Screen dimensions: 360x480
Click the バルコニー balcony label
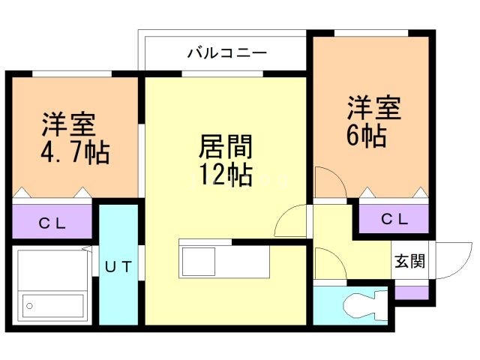[x=227, y=53]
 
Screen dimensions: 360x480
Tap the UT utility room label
[x=119, y=265]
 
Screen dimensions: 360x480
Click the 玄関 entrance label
[x=410, y=262]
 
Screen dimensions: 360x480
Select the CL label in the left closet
[x=52, y=222]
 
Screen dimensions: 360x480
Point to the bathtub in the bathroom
[x=52, y=286]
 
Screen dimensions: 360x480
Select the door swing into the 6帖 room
[x=328, y=184]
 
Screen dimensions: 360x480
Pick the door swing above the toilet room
[x=328, y=264]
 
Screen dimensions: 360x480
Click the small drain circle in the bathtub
[x=31, y=305]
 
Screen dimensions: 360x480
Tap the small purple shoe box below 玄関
[x=410, y=292]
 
